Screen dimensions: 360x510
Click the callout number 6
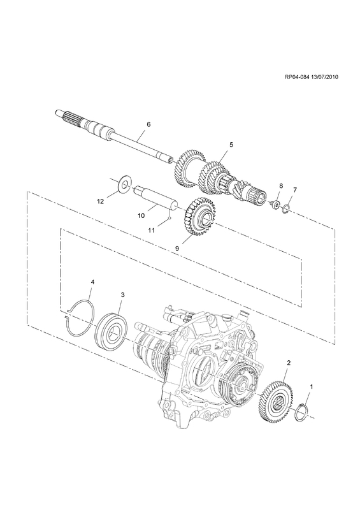pos(148,124)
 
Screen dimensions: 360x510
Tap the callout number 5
pos(231,145)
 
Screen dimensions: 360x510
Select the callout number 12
pos(101,201)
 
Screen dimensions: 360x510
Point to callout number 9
pos(177,248)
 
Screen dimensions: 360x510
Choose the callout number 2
pos(288,362)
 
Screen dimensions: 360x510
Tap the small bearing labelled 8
pos(276,205)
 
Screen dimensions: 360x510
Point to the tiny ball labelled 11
pos(169,219)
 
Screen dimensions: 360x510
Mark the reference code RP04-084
pos(296,87)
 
